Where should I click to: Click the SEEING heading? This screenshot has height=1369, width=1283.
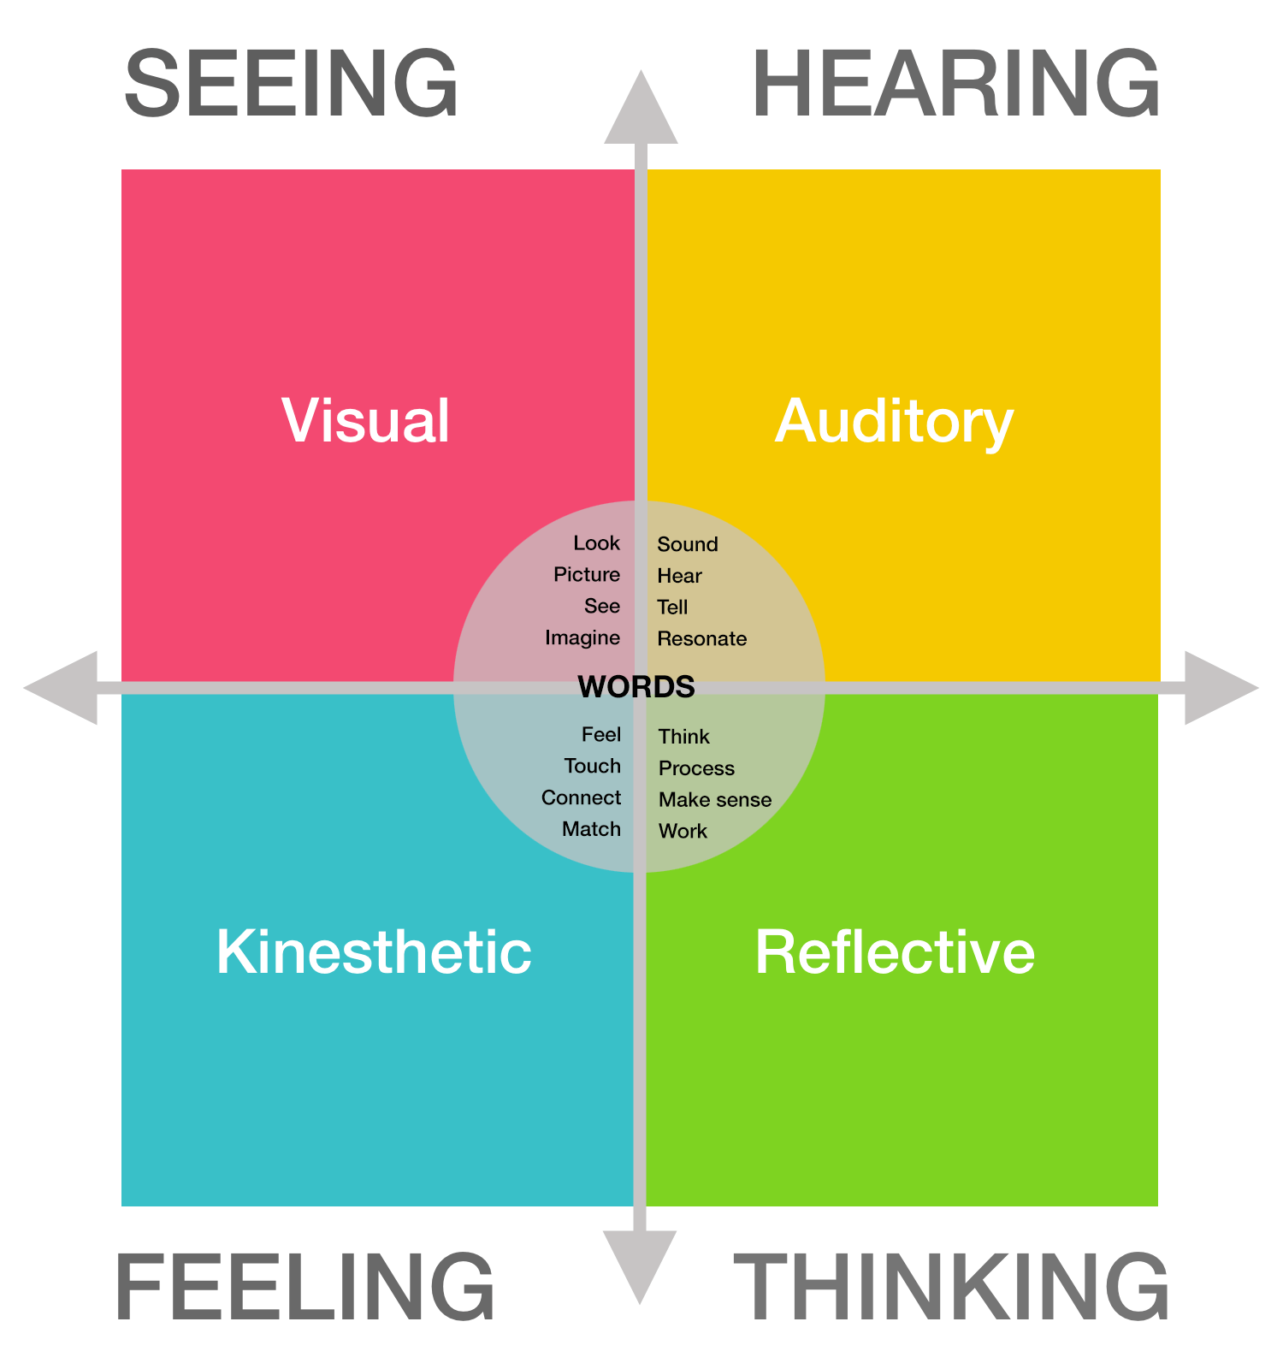coord(291,84)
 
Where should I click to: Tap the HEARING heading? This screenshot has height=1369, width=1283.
coord(955,84)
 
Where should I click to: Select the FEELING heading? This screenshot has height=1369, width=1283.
coord(304,1287)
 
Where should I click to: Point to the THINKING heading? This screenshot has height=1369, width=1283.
coord(951,1287)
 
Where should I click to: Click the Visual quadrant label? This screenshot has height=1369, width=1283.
coord(366,421)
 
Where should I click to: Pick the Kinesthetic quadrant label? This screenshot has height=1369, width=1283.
coord(374,951)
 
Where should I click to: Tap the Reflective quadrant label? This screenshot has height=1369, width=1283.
coord(895,951)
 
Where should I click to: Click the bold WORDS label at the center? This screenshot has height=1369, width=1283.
coord(636,687)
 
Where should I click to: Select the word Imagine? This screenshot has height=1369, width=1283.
coord(582,638)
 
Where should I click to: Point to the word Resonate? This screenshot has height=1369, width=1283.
coord(701,639)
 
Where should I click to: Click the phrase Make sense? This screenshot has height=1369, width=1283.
coord(714,800)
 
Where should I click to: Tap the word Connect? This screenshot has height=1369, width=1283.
coord(581,798)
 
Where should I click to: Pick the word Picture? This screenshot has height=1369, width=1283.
coord(587,575)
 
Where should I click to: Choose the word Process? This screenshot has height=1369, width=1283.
coord(696,768)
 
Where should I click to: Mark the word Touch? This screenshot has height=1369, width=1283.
coord(592,767)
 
